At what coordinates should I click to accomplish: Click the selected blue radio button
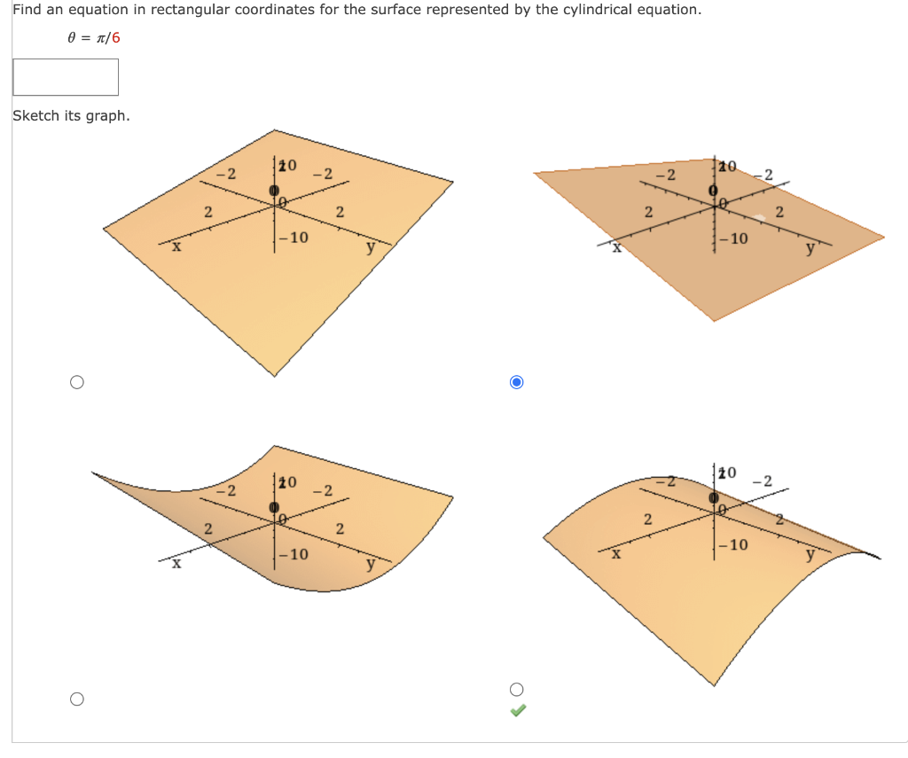(518, 382)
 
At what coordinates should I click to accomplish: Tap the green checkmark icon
(519, 710)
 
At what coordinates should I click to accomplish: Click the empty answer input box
(66, 77)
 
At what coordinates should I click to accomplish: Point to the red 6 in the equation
(115, 38)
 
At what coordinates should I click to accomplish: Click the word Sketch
(36, 116)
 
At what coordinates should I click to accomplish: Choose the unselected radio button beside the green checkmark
(518, 690)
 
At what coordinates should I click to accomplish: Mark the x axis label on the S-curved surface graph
(176, 563)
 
